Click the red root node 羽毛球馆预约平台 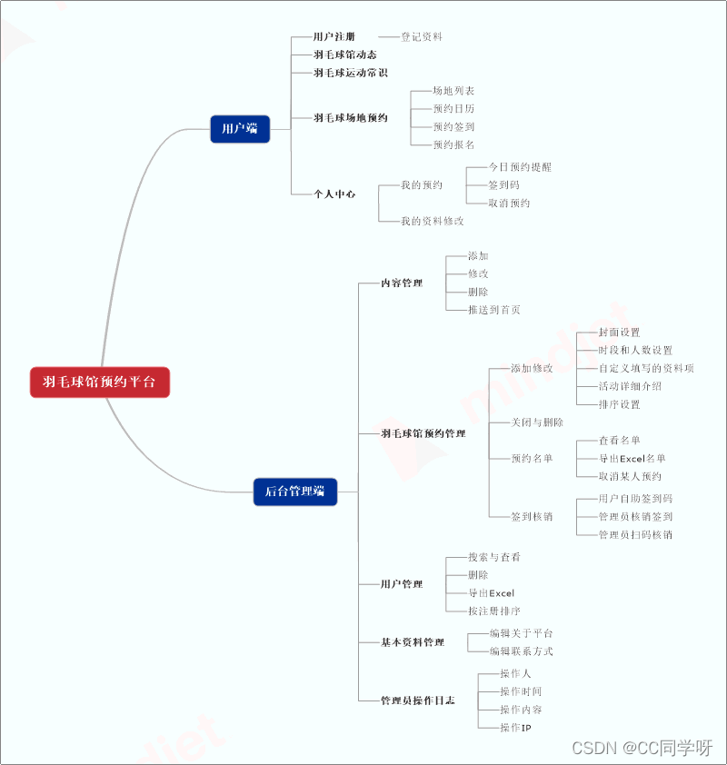tap(99, 382)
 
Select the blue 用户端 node tap(240, 129)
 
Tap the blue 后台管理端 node tap(294, 492)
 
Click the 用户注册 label tap(334, 37)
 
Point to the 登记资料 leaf tap(422, 37)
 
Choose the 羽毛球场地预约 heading tap(351, 118)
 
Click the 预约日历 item tap(453, 109)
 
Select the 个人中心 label tap(334, 194)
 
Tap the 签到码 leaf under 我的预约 tap(504, 185)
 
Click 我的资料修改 tap(433, 221)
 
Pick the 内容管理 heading tap(402, 283)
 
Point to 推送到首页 tap(494, 310)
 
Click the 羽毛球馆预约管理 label tap(423, 434)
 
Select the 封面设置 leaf tap(619, 333)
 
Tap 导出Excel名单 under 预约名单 tap(632, 459)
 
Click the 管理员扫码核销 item tap(635, 535)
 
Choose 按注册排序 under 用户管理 tap(494, 611)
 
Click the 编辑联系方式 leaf tap(521, 651)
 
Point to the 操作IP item tap(515, 728)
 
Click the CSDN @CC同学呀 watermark tap(642, 748)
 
